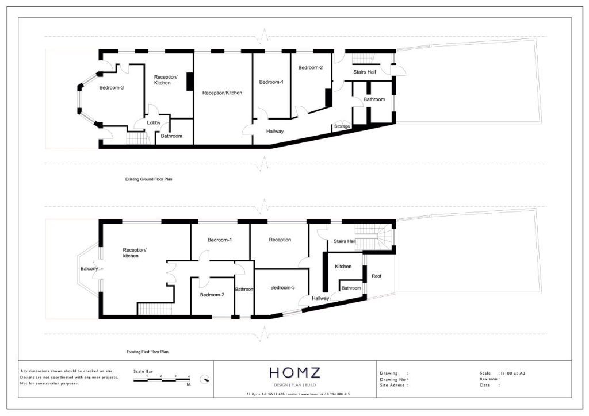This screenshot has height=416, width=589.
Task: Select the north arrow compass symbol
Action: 205,380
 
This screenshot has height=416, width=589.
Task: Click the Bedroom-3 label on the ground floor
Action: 112,88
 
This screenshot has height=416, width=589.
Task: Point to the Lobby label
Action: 154,122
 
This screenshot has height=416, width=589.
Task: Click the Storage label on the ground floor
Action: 342,126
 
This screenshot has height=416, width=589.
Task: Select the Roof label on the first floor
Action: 376,276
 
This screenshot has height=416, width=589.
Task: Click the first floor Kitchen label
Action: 343,267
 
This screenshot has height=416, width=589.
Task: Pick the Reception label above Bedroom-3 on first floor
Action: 280,240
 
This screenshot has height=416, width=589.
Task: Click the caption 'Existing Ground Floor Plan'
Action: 149,179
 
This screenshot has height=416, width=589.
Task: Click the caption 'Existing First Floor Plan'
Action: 147,352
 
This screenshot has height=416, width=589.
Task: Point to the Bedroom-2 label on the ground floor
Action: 311,68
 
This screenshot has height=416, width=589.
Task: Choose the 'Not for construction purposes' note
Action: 49,383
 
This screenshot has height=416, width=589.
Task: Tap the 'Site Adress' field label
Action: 393,385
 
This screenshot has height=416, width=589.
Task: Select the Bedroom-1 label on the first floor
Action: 220,240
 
